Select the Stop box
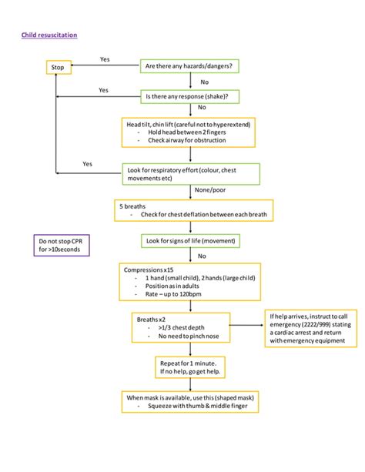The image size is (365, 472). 58,68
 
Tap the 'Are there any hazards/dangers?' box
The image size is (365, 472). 190,66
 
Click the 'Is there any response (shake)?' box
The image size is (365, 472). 190,96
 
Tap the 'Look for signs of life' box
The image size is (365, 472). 190,241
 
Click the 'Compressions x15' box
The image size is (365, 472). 189,283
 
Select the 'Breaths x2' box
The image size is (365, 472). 190,326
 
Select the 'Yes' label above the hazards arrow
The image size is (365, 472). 105,59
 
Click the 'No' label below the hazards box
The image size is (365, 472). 204,82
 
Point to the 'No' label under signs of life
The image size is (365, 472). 203,256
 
